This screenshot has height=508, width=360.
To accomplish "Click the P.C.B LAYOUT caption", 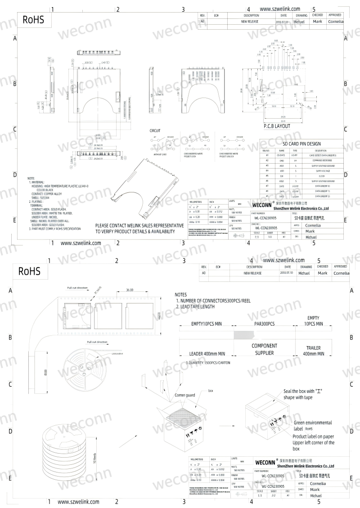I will click(x=277, y=126).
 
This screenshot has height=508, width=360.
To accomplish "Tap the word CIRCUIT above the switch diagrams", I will click(x=155, y=131).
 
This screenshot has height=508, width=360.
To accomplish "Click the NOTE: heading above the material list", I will click(x=31, y=178).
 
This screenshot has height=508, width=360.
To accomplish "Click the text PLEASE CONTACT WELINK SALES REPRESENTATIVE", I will click(x=139, y=225).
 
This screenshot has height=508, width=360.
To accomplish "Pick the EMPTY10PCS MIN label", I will click(x=206, y=324).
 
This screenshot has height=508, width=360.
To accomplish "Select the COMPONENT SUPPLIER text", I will click(x=264, y=349).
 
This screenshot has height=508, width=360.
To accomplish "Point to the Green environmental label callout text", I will click(x=313, y=425).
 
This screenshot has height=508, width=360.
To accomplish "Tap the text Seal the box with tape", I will click(x=304, y=394).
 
